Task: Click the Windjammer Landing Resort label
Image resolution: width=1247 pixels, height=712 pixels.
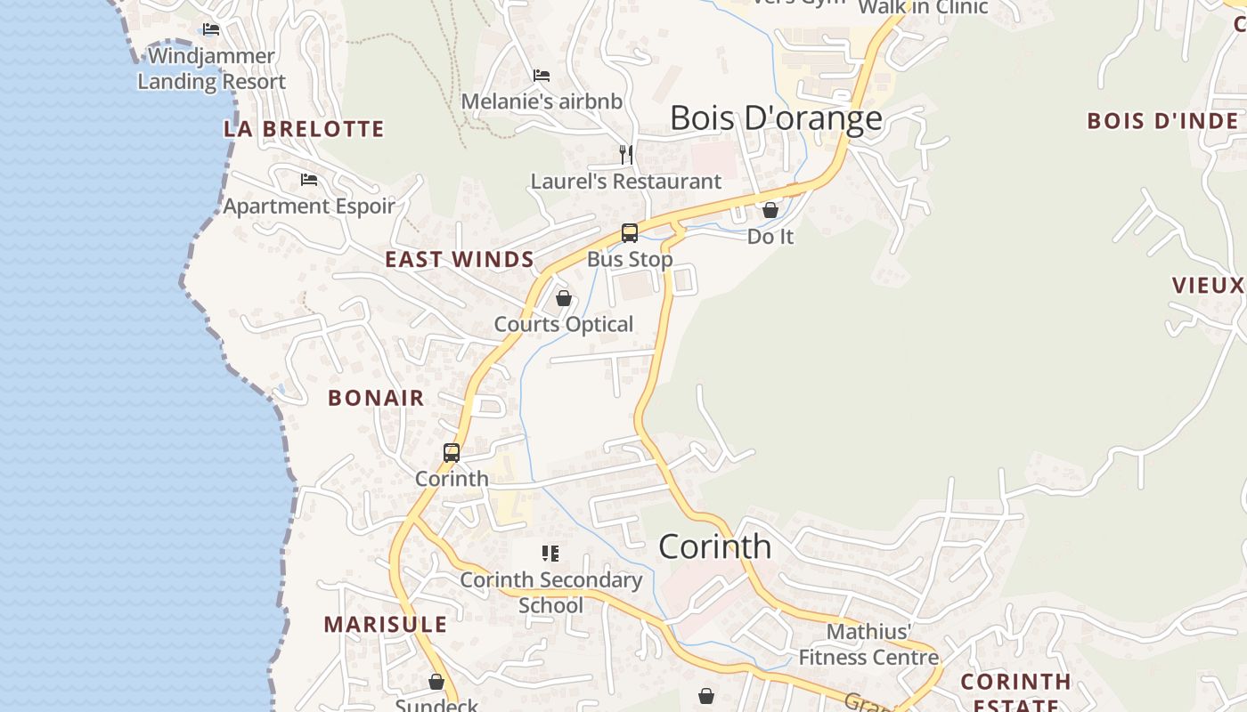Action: [211, 69]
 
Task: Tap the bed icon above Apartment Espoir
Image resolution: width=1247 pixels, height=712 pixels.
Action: [309, 180]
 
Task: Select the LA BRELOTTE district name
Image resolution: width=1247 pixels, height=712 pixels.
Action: [304, 129]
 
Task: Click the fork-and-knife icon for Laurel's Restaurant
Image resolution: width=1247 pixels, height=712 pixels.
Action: [626, 155]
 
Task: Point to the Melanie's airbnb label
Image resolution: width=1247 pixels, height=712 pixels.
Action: [542, 101]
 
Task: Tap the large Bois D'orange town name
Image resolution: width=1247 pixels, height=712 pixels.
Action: [776, 117]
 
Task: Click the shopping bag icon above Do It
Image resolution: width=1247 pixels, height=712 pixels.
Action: [770, 211]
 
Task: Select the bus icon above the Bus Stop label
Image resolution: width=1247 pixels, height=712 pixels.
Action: [630, 233]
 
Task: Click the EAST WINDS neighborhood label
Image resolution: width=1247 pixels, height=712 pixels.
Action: [460, 260]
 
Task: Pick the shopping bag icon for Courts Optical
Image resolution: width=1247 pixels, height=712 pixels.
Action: [564, 298]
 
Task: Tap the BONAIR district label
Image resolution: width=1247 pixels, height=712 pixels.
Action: [376, 398]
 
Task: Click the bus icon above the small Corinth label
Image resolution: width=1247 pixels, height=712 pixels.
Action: [452, 453]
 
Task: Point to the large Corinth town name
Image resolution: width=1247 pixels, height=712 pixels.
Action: [715, 546]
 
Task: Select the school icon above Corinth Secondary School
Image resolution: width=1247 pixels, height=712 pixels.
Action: [550, 554]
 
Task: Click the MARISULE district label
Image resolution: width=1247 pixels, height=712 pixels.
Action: [386, 625]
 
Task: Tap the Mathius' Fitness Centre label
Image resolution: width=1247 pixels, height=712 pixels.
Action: [868, 644]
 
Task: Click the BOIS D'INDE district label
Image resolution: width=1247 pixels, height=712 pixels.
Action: [1162, 121]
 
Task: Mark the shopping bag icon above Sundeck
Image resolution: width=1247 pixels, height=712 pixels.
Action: [436, 683]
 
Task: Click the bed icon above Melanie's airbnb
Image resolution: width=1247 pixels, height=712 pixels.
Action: [542, 76]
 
